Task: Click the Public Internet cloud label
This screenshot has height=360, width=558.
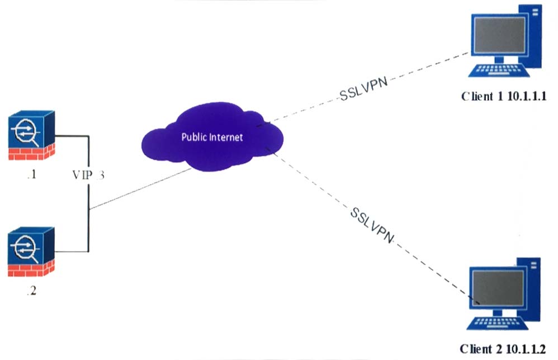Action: coord(212,137)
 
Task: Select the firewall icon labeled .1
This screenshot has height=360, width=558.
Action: coord(31,135)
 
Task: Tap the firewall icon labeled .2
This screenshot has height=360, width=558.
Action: coord(31,252)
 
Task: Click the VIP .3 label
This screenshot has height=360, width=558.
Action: coord(88,174)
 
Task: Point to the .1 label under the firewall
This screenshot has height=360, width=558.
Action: coord(32,174)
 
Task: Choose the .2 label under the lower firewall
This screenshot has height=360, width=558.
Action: coord(32,291)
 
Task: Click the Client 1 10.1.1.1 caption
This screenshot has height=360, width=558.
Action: coord(504,96)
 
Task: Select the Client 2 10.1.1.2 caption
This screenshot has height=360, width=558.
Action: coord(503,349)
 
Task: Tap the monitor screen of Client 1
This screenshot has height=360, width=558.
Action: coord(500,35)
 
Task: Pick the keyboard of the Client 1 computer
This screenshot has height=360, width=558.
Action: coord(499,70)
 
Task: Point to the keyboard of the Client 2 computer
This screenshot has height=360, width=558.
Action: coord(498,323)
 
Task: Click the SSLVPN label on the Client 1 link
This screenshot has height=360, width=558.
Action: coord(363,88)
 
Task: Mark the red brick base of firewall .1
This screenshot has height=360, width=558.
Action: coord(31,152)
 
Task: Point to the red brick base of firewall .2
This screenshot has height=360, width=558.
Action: coord(31,268)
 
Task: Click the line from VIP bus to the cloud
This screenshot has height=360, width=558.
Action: coord(140,189)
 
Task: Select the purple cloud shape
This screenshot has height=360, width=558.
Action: coord(212,136)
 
